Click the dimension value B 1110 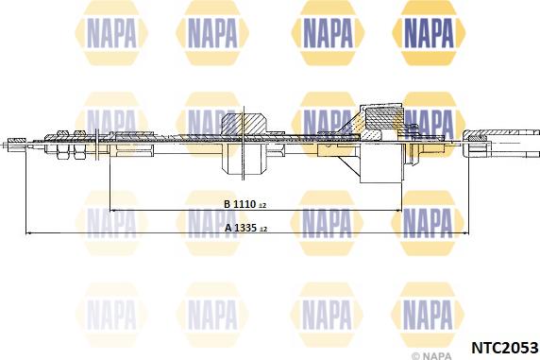click(240, 204)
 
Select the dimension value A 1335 click(241, 228)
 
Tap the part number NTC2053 click(504, 348)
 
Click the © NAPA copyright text click(431, 355)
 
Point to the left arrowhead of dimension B click(112, 210)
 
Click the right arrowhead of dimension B click(398, 210)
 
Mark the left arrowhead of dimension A click(29, 233)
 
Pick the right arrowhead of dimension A click(465, 233)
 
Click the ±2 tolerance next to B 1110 click(262, 206)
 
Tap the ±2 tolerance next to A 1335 click(263, 229)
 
